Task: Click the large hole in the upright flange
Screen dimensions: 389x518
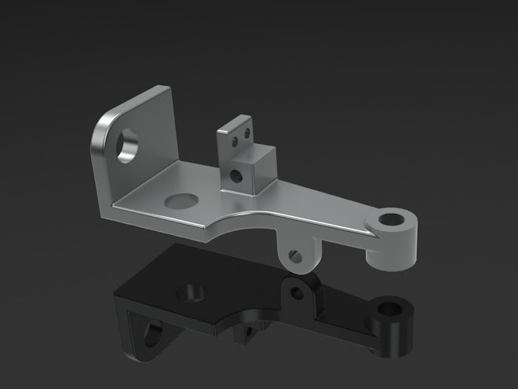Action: pos(126,146)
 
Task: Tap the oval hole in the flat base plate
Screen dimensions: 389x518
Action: pos(182,200)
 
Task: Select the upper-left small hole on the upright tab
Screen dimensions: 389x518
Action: pos(233,143)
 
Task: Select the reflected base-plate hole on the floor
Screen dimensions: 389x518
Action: pos(193,292)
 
